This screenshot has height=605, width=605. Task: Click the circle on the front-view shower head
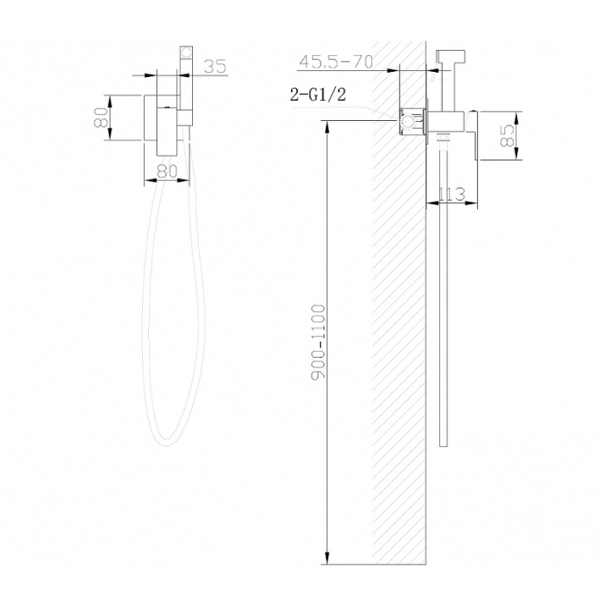pyautogui.click(x=185, y=53)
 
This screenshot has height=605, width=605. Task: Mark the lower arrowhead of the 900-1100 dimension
pyautogui.click(x=327, y=559)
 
